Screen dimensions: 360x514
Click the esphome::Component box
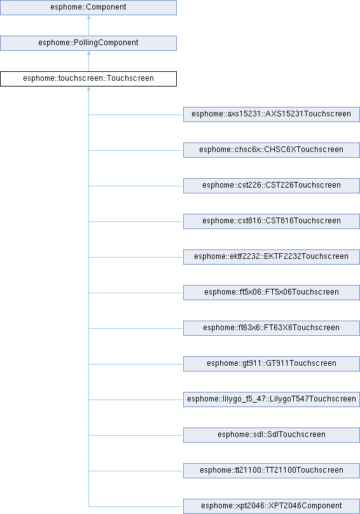(88, 7)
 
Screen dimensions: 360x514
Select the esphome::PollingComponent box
(88, 43)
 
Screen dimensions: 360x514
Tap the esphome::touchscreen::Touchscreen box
(88, 79)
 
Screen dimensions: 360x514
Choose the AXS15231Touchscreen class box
(272, 115)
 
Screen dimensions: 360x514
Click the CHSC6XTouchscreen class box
(272, 149)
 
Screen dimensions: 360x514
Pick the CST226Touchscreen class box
(272, 186)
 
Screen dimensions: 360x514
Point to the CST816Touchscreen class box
(272, 221)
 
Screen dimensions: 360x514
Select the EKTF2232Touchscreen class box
(272, 256)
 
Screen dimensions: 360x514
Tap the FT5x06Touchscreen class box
(272, 293)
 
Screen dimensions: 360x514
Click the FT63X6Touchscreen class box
(272, 328)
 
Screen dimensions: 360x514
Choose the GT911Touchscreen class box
(272, 363)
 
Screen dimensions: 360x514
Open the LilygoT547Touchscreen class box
(272, 399)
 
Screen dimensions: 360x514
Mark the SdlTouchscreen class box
(272, 435)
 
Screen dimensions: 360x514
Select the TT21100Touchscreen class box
(272, 470)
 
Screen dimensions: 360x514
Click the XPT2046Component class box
(272, 506)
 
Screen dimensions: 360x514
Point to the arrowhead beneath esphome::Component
(88, 17)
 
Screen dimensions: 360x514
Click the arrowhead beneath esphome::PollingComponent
(88, 53)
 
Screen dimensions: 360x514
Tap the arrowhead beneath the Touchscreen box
(88, 88)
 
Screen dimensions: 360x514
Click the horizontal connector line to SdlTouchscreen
(135, 435)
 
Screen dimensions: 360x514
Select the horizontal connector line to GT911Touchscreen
(135, 365)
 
